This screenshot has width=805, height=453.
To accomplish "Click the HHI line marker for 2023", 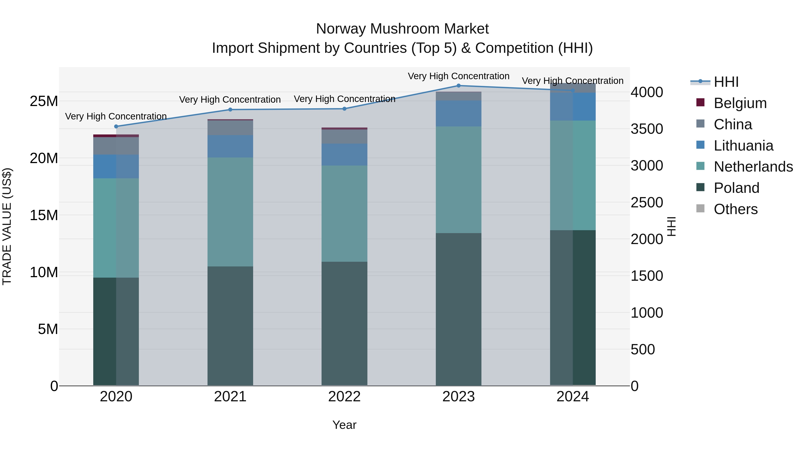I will (458, 86).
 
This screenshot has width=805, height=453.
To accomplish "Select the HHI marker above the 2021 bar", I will (230, 110).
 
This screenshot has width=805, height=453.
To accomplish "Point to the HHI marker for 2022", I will (344, 109).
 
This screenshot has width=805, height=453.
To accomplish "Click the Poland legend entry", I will (736, 188).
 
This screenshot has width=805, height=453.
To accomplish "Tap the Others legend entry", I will (736, 209).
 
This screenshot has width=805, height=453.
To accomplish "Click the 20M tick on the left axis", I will (44, 159).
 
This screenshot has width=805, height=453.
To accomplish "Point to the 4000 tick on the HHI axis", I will (646, 93).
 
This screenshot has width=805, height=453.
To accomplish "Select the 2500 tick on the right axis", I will (646, 203).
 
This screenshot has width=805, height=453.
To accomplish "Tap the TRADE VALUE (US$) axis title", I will (7, 226).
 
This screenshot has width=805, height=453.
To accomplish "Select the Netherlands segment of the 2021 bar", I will (230, 212).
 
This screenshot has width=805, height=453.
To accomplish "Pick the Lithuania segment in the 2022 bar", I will (344, 155).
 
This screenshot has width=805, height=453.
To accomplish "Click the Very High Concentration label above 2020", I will (116, 117).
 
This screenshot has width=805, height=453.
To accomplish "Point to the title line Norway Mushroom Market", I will (402, 29).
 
